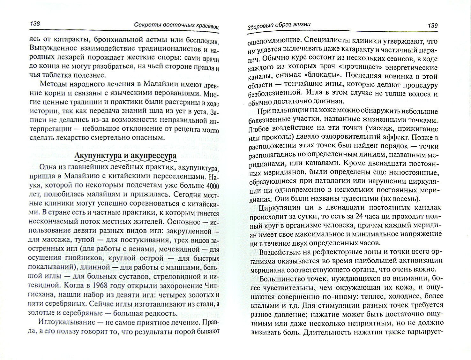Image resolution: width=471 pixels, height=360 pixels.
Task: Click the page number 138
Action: click(x=34, y=24)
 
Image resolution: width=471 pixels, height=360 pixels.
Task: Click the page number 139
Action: click(x=432, y=25)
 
